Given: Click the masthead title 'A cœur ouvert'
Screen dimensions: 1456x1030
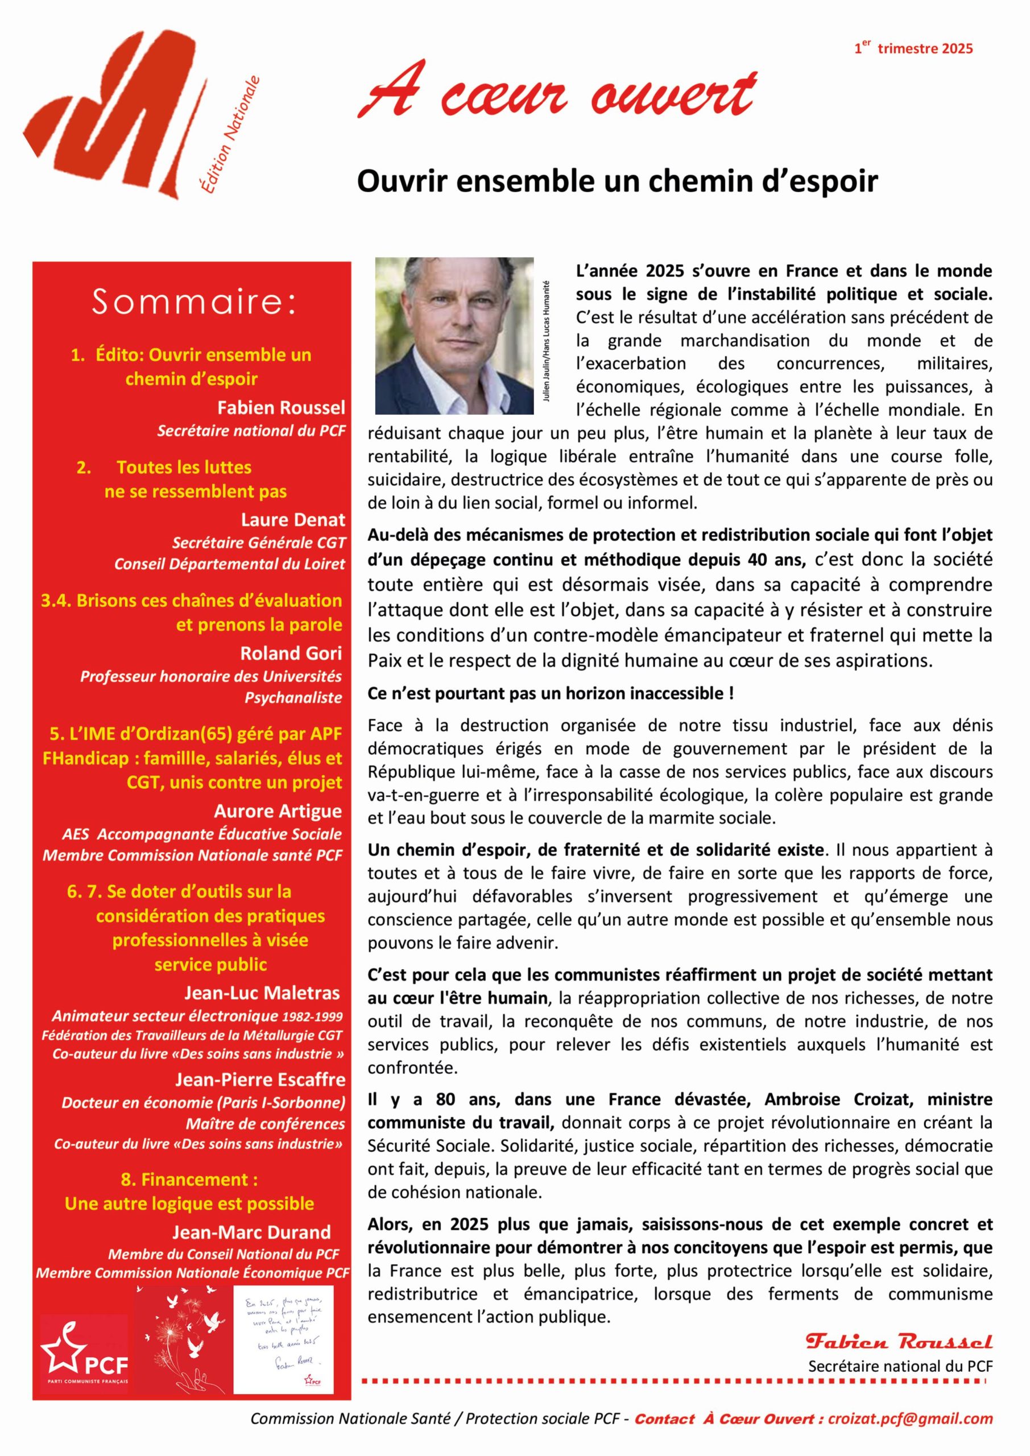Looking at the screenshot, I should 558,92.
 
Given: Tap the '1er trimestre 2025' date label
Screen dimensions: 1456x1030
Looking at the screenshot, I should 913,48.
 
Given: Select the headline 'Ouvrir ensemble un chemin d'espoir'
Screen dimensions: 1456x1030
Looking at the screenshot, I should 617,181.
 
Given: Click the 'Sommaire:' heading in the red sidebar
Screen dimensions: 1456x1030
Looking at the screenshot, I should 194,302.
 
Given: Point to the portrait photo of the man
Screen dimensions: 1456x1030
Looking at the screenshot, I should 454,336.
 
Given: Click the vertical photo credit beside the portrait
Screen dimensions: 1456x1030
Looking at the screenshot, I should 546,341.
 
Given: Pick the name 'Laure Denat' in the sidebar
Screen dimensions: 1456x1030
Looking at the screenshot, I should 293,520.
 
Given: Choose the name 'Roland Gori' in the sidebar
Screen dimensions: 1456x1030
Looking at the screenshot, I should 291,653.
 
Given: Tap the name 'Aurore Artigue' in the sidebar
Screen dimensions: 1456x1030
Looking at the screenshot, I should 278,811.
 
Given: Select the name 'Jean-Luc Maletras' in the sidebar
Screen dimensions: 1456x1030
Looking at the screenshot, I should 262,993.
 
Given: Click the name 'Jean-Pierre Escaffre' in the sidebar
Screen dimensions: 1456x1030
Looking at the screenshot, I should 260,1080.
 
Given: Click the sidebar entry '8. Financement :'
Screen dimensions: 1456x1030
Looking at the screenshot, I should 189,1180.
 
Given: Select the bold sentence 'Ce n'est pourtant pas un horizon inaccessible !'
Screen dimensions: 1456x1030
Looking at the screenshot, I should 551,693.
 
